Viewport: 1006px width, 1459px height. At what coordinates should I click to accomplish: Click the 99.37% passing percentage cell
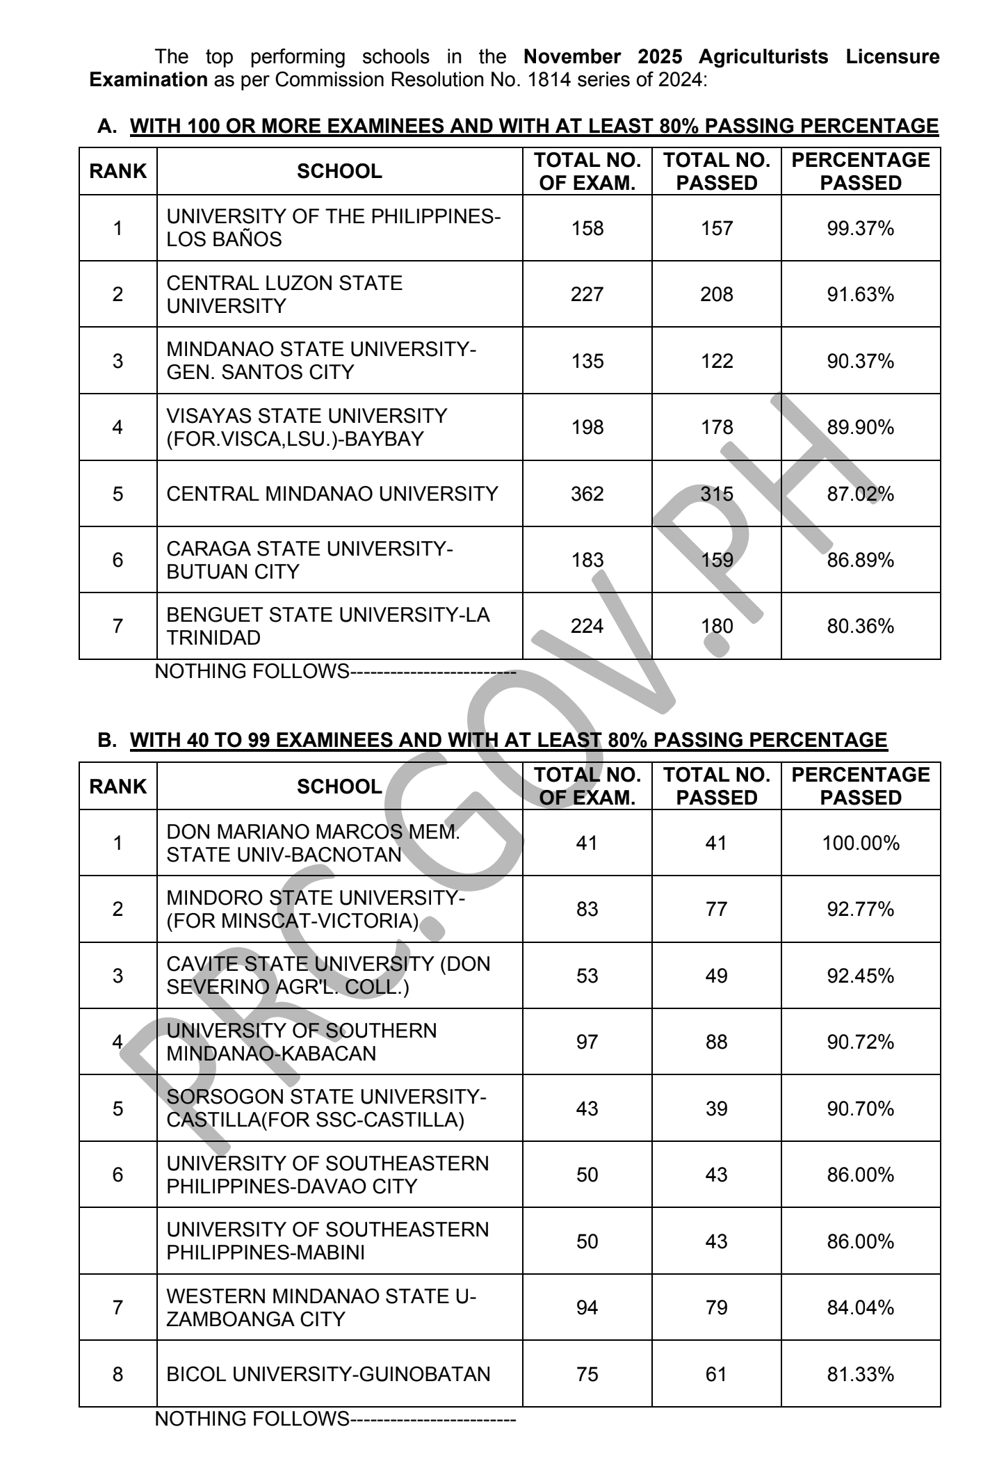[x=860, y=228]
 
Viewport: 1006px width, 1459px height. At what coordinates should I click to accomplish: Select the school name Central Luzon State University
[x=284, y=295]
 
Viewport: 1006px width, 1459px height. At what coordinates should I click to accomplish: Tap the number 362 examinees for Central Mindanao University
[x=587, y=494]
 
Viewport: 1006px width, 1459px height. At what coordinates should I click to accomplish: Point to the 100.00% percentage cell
[x=860, y=844]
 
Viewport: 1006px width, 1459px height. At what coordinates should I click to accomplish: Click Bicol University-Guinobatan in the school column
[x=328, y=1374]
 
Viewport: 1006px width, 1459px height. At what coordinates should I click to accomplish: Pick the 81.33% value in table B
[x=860, y=1374]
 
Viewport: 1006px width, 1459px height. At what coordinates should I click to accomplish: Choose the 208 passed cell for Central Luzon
[x=716, y=295]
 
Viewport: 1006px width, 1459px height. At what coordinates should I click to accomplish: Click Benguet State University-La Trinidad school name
[x=327, y=627]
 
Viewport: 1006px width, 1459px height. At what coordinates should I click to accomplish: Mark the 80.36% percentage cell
[x=860, y=627]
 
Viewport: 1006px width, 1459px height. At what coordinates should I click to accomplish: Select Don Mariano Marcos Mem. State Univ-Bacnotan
[x=313, y=844]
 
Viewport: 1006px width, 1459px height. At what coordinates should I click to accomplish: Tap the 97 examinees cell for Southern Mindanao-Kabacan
[x=587, y=1042]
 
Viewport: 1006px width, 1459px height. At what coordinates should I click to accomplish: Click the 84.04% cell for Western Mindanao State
[x=860, y=1308]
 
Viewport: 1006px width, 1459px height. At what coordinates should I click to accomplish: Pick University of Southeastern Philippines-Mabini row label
[x=327, y=1241]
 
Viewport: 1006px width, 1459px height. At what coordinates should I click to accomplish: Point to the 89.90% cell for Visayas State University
[x=860, y=427]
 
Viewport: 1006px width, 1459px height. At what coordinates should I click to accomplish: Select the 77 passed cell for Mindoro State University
[x=716, y=910]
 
